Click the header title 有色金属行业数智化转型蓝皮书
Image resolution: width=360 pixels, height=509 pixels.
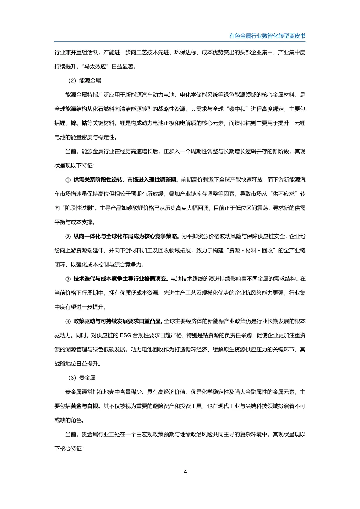267,36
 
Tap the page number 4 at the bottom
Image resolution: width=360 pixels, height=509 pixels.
185,471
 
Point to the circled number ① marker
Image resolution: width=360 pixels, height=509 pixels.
68,180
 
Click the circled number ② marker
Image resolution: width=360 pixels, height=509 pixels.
68,236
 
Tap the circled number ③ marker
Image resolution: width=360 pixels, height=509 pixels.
68,279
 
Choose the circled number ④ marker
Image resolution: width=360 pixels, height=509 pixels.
68,321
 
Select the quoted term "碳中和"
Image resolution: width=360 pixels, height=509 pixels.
238,109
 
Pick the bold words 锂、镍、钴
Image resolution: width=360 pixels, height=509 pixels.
73,123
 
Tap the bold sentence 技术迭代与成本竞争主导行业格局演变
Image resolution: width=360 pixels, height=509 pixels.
121,279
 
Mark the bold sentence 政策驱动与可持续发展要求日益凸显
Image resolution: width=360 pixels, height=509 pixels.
118,321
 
